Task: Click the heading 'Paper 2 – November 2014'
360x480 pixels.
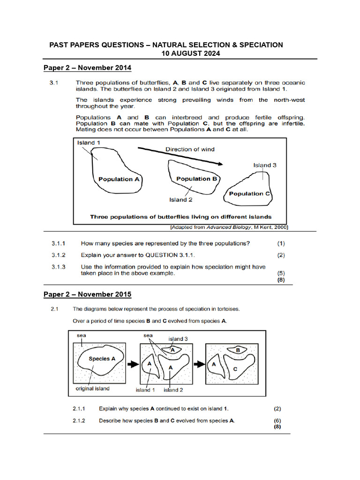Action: pos(88,68)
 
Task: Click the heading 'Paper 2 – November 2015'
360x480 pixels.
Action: pos(88,294)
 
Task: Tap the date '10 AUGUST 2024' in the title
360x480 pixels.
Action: pos(191,53)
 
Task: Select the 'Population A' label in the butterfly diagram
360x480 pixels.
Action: pos(119,179)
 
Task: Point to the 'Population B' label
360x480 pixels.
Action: pos(197,179)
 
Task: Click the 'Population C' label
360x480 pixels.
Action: pos(249,194)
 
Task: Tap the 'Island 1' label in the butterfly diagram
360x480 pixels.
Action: pos(89,142)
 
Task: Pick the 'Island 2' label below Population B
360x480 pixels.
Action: pos(181,200)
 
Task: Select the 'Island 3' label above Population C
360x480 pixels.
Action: pos(265,165)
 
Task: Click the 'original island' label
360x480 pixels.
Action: pos(92,389)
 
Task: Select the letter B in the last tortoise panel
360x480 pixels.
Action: pos(238,350)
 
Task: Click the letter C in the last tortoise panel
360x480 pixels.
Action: pos(235,369)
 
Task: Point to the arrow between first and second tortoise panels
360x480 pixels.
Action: pos(132,363)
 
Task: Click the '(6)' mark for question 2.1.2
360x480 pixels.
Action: pos(277,420)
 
